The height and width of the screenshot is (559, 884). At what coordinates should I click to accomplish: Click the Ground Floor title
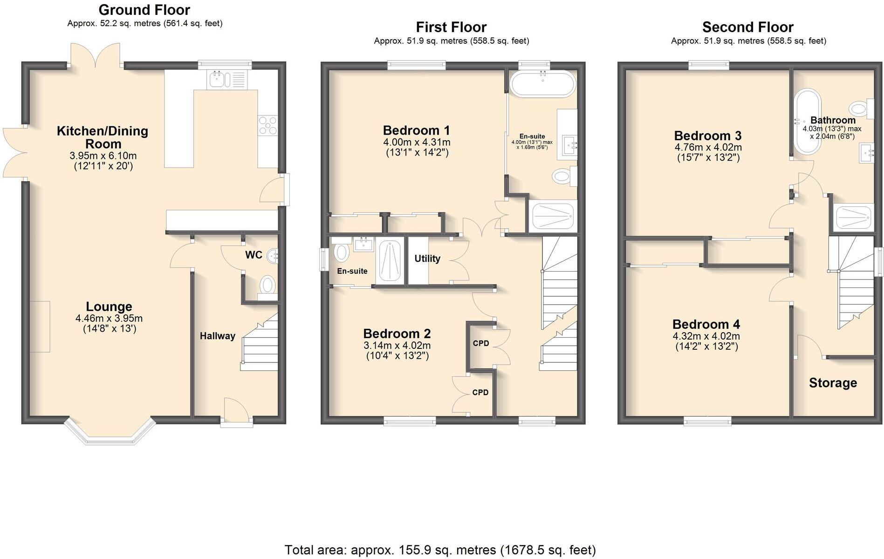pos(144,9)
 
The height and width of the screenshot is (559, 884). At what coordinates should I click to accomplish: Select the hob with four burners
pos(268,125)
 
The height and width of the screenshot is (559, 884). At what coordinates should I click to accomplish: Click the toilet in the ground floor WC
pos(267,284)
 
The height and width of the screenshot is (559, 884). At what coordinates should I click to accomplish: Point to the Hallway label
pos(217,336)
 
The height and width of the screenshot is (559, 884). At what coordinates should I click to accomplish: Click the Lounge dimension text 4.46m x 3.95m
pos(109,319)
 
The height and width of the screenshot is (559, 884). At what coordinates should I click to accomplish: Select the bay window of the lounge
pos(110,433)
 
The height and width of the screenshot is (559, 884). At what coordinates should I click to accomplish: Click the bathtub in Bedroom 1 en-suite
pos(543,84)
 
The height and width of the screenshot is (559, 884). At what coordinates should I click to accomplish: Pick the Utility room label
pos(427,259)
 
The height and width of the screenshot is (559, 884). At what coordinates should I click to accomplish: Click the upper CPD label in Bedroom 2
pos(481,343)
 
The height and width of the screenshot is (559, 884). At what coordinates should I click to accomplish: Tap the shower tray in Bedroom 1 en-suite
pos(553,217)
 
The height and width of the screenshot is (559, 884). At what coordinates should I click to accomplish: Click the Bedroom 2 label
pos(397,334)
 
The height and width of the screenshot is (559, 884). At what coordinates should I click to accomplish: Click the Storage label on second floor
pos(833,383)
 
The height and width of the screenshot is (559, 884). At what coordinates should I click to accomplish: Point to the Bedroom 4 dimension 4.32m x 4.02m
pos(706,336)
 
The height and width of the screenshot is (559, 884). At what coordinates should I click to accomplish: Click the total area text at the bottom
pos(440,550)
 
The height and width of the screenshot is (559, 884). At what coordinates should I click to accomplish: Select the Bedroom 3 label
pos(708,136)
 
